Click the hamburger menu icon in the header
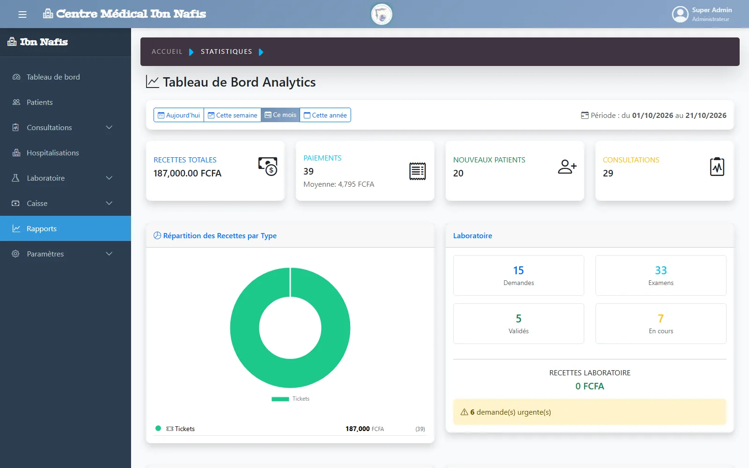point(22,15)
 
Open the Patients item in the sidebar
point(39,102)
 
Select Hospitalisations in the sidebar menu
point(52,153)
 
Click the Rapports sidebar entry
point(42,228)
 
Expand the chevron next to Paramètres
point(109,254)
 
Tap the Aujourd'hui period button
point(178,115)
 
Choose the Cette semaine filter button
point(232,115)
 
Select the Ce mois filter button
point(280,115)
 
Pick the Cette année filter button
point(325,115)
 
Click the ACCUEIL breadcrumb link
point(167,51)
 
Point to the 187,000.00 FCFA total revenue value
point(187,173)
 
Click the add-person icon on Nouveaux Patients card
point(567,167)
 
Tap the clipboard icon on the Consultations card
point(717,167)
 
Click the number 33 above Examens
point(661,270)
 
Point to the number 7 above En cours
point(661,318)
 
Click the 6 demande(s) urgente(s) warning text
point(510,412)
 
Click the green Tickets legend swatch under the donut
point(280,399)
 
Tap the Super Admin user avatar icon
point(680,15)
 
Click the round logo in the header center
point(382,15)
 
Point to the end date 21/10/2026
point(706,115)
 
